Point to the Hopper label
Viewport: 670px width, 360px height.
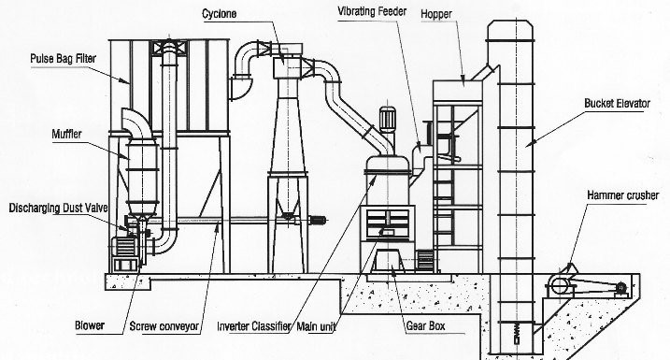(x=463, y=15)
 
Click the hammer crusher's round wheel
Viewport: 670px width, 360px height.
(x=559, y=285)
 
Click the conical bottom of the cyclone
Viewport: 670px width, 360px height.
(x=288, y=140)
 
